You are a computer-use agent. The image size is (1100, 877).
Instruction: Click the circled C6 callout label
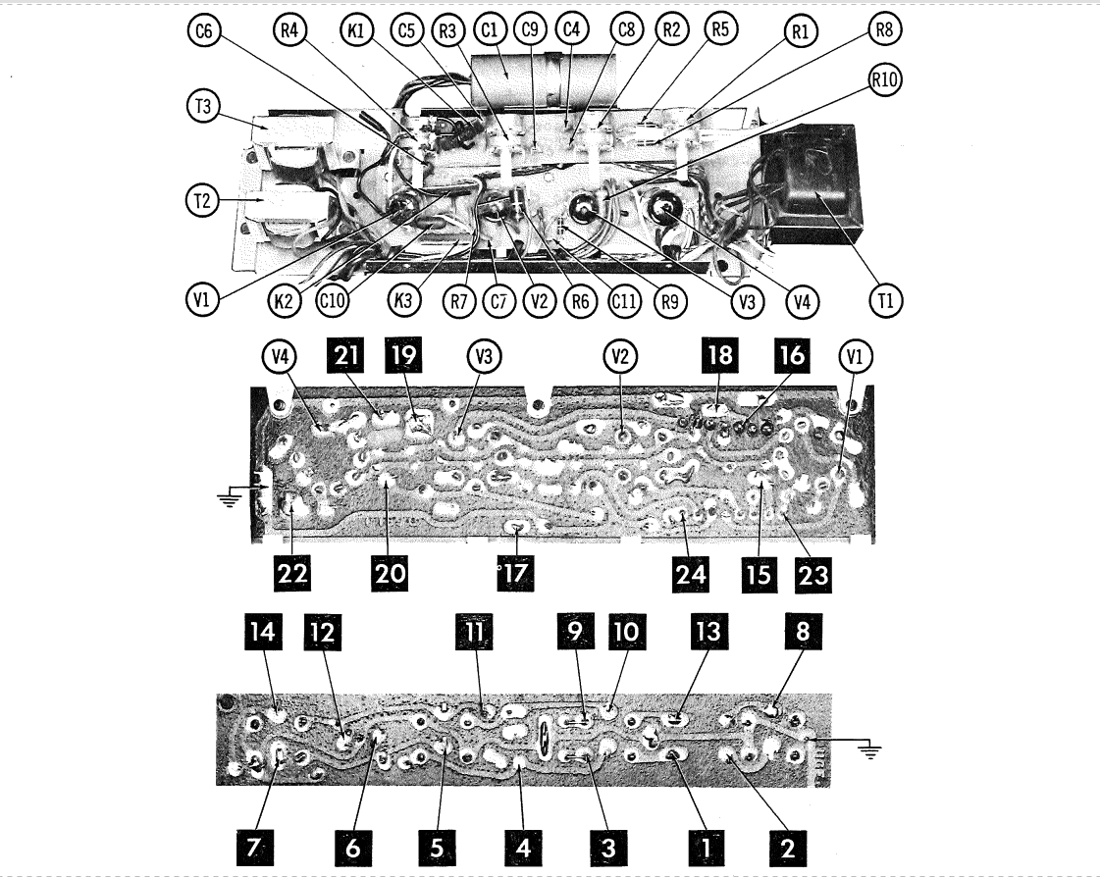click(204, 31)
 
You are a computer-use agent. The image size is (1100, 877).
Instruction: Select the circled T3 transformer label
click(203, 106)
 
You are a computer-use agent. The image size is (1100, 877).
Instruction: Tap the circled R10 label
click(885, 80)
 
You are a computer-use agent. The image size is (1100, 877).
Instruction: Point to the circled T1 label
click(886, 301)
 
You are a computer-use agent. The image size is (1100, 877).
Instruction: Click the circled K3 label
click(403, 301)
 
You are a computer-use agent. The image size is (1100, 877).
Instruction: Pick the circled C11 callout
click(624, 302)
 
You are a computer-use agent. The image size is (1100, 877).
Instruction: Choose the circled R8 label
click(885, 29)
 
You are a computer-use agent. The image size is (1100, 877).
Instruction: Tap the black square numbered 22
click(292, 574)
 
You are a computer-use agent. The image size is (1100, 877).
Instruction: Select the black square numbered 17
click(515, 574)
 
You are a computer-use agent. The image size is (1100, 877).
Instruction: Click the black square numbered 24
click(690, 574)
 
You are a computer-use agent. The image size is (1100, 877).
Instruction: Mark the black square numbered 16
click(791, 355)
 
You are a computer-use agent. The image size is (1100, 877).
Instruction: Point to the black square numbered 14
click(262, 632)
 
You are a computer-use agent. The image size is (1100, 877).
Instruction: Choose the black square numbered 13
click(707, 632)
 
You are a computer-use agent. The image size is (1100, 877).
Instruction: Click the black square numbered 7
click(253, 848)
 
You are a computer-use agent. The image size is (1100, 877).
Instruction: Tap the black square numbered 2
click(787, 848)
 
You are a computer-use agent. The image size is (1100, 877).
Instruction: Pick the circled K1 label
click(357, 31)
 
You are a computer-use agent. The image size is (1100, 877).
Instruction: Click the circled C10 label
click(332, 301)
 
